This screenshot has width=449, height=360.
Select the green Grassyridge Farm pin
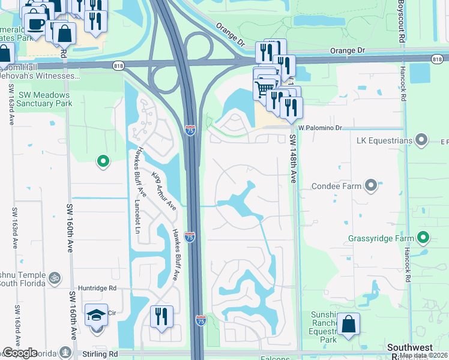tap(424, 238)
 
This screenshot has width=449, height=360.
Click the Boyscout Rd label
tap(400, 21)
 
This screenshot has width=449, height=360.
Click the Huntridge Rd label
tap(96, 288)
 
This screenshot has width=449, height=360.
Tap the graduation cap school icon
tap(96, 316)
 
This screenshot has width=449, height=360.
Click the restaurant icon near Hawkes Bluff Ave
tap(161, 317)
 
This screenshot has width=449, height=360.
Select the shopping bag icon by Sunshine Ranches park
tap(348, 324)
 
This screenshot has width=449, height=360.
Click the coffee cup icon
tap(35, 25)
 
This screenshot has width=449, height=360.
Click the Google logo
tap(20, 353)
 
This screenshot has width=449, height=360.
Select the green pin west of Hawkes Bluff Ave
tap(103, 160)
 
